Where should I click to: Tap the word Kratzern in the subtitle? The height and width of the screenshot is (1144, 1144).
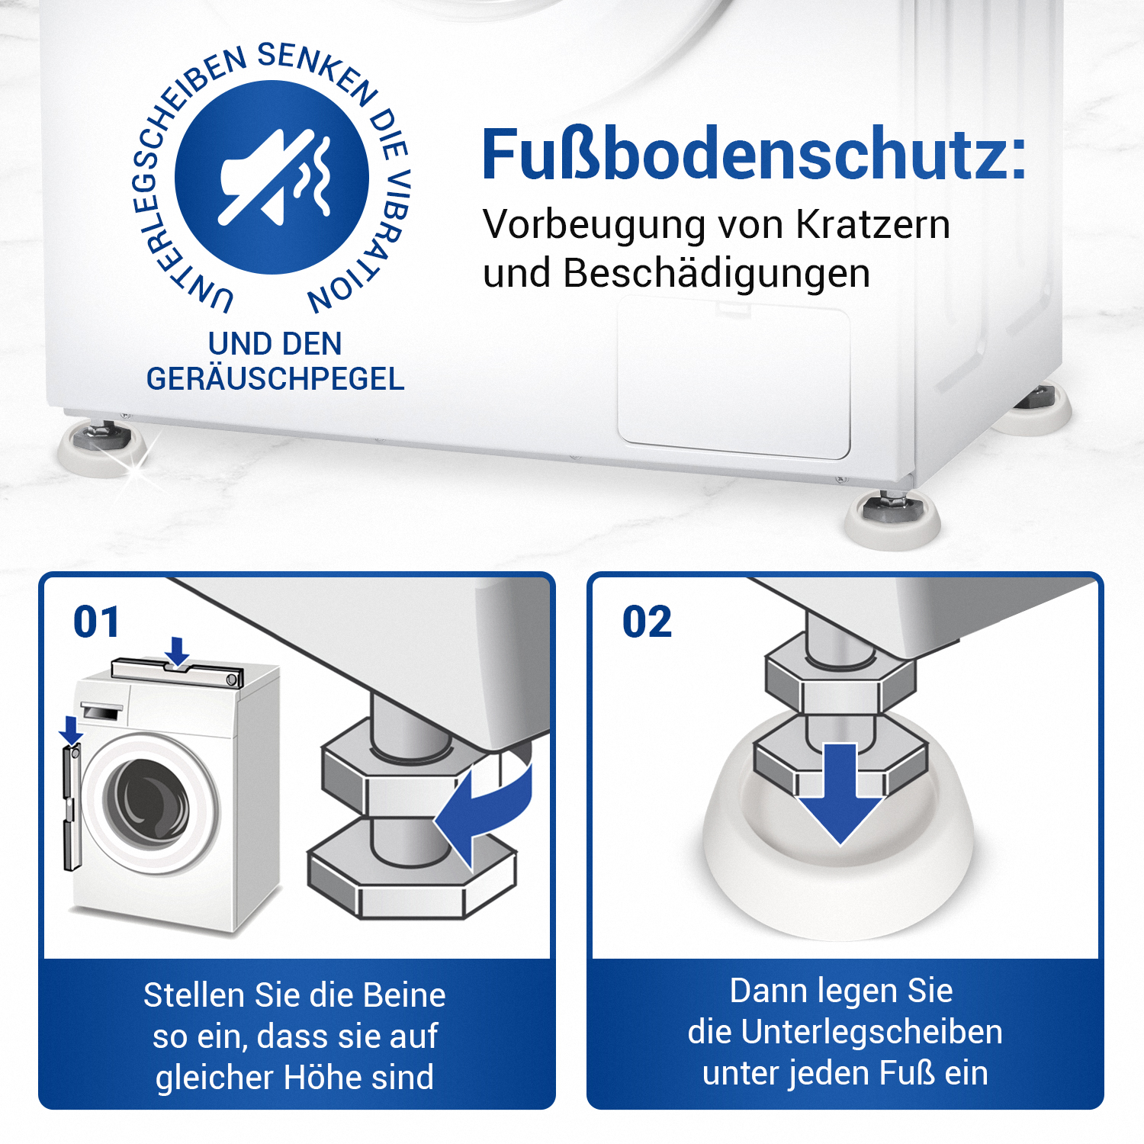point(873,225)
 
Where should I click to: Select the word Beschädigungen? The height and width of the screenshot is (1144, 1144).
point(716,275)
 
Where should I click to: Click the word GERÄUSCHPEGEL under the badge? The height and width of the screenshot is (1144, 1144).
point(275,378)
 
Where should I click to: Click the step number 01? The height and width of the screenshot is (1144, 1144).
point(97,622)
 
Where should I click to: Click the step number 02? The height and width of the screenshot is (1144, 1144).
point(648,622)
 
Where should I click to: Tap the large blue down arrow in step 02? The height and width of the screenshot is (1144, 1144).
point(840,793)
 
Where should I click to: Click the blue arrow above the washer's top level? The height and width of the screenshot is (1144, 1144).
point(178,653)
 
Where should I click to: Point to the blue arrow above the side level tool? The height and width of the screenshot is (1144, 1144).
point(71,730)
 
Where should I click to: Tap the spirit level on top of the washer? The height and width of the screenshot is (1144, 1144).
point(178,673)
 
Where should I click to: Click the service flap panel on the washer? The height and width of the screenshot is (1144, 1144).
point(734,378)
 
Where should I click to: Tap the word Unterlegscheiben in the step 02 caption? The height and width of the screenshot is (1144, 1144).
point(872,1032)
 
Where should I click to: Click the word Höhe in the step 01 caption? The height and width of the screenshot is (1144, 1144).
point(323,1077)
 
